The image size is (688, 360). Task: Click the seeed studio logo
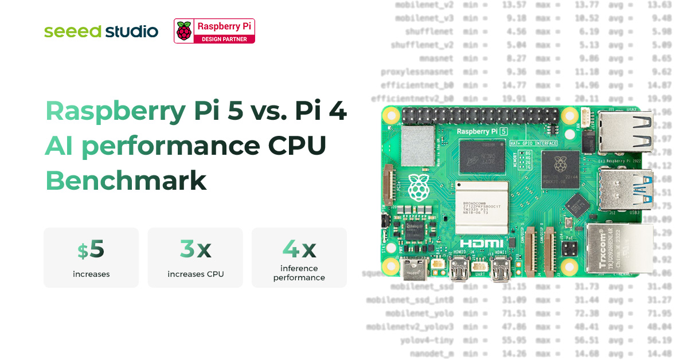pos(101,32)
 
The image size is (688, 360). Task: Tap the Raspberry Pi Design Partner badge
pos(214,30)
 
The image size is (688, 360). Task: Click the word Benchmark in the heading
pos(126,181)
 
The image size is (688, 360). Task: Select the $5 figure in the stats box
pos(91,249)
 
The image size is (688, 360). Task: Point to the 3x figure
pos(195,249)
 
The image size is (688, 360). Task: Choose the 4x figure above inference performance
pos(299,248)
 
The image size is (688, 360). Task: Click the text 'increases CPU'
pos(196,274)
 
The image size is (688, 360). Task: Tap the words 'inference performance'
pos(299,273)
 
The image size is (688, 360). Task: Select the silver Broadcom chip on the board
pos(482,205)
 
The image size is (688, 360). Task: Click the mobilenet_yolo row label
pos(419,314)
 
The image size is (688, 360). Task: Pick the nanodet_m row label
pos(432,354)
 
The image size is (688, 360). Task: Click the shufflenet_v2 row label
pos(422,45)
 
